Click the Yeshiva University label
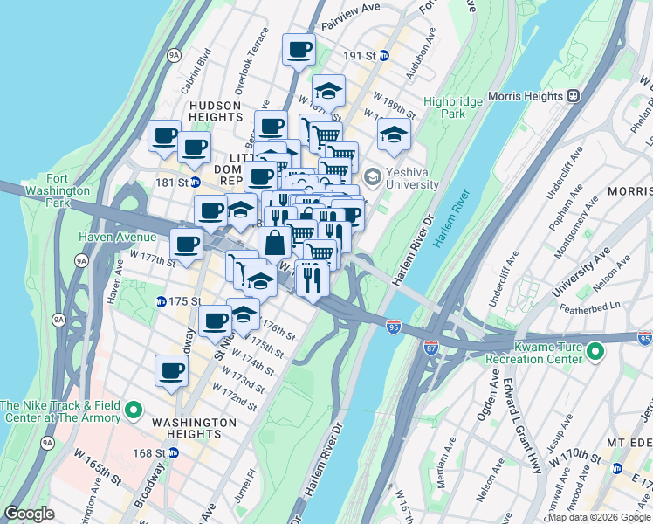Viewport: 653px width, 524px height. [409, 178]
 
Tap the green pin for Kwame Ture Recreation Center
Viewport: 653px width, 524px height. [596, 353]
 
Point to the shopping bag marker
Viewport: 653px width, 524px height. [274, 243]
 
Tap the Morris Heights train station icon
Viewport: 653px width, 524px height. [574, 95]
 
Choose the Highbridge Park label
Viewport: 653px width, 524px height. [452, 107]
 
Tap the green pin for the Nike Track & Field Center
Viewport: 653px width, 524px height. [134, 410]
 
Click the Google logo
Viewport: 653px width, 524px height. [30, 514]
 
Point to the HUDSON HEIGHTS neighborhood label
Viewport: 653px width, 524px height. [215, 110]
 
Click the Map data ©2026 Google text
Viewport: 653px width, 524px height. [599, 517]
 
